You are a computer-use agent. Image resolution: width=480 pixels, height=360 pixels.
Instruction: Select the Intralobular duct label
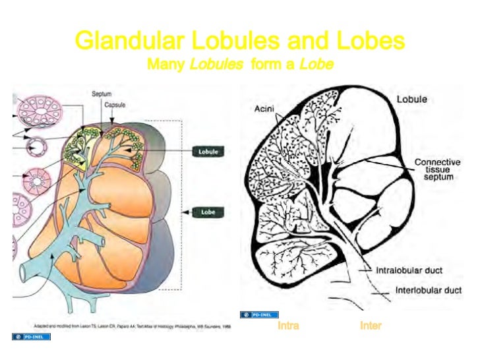(x=409, y=270)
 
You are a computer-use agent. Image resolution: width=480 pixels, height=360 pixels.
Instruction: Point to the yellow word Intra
(x=288, y=326)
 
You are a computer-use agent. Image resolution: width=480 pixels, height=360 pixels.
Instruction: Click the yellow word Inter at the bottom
(x=371, y=326)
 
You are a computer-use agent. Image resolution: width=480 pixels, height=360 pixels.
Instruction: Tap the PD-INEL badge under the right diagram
(x=259, y=315)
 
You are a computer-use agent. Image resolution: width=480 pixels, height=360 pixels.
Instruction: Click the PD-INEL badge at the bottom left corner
(x=31, y=337)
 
